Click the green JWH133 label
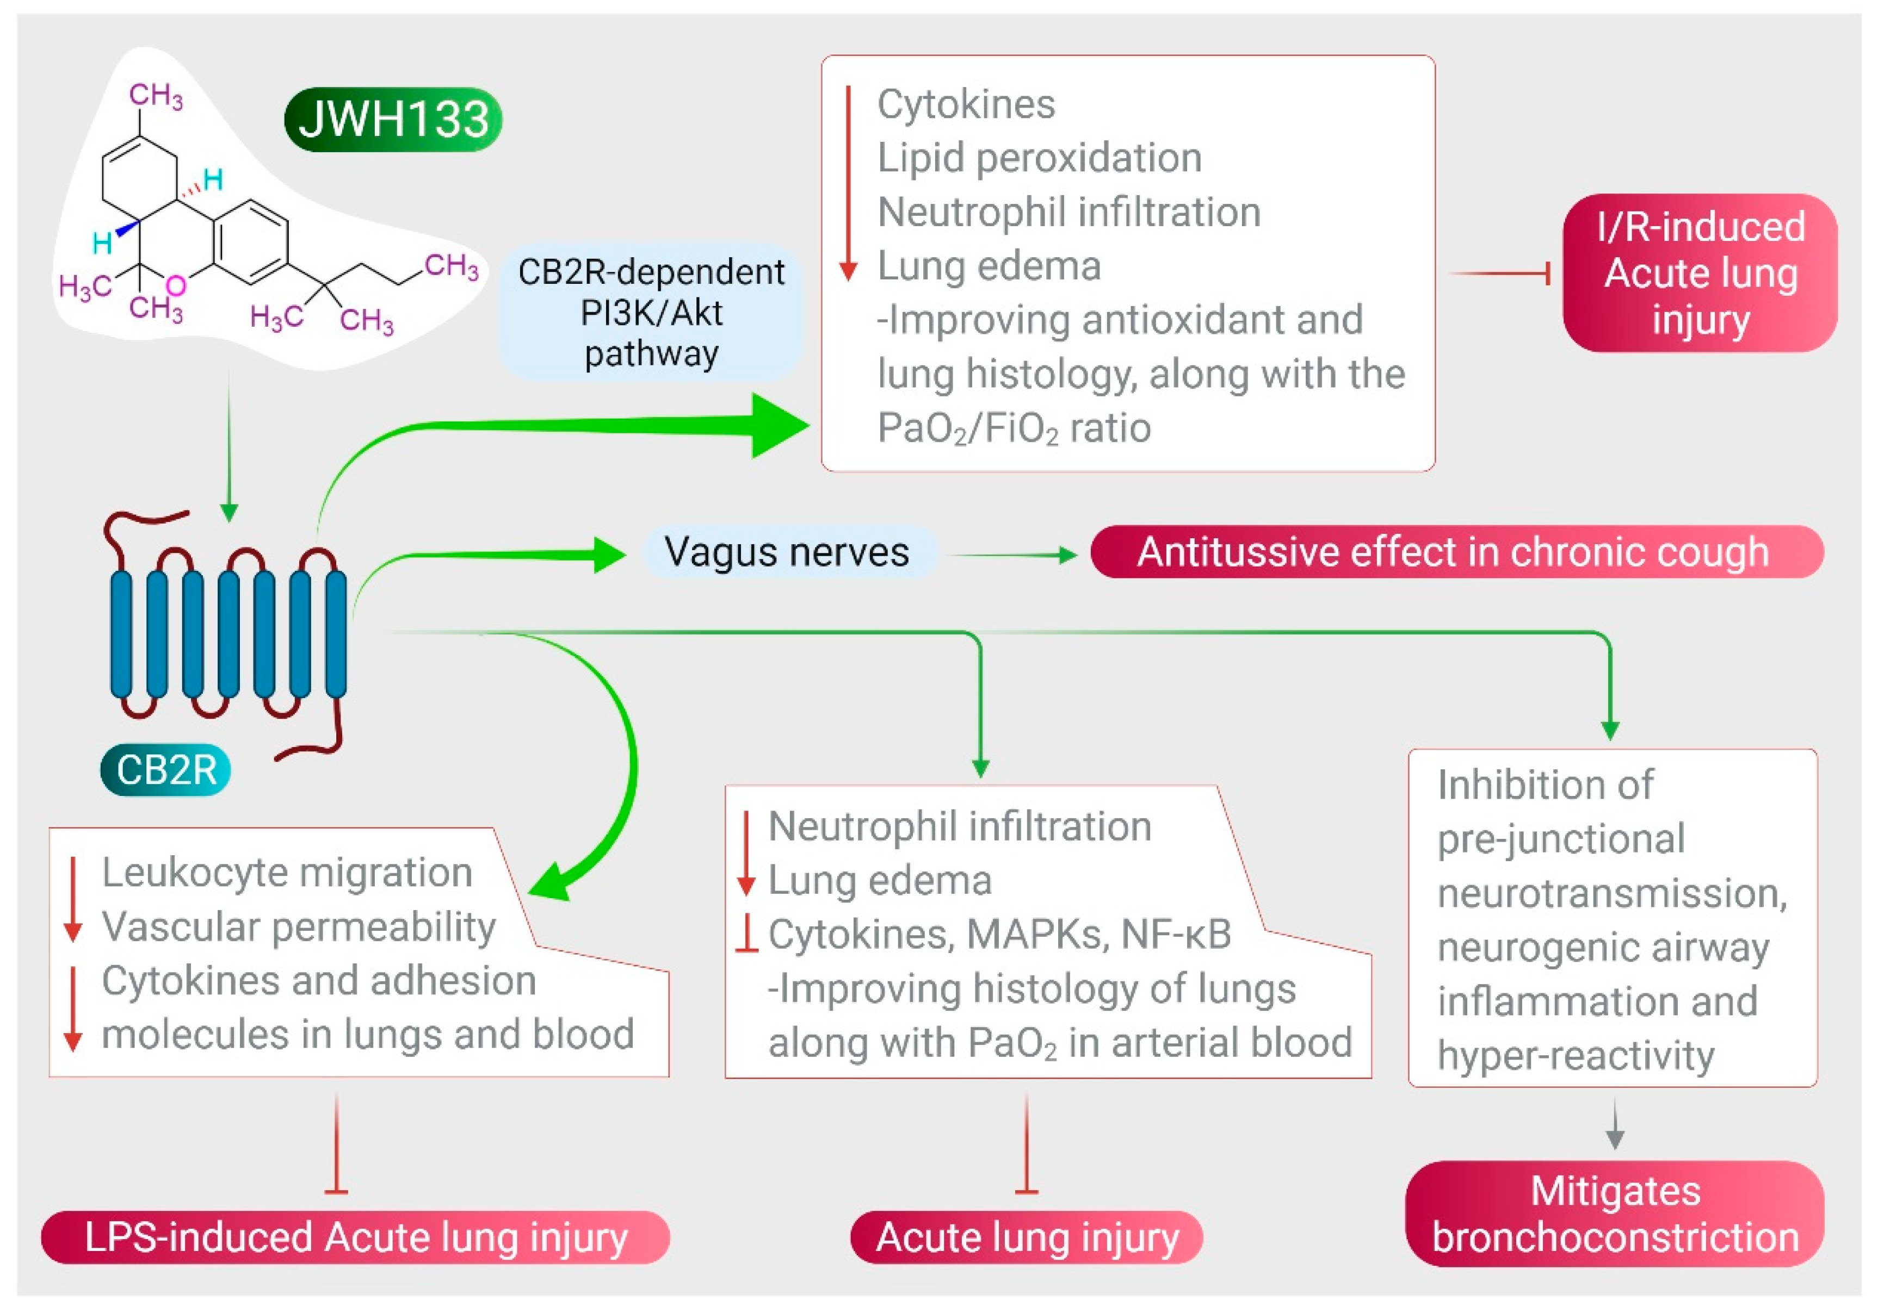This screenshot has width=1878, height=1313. (x=393, y=120)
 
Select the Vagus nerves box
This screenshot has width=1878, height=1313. (x=786, y=552)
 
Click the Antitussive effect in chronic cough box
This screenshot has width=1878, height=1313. (x=1456, y=552)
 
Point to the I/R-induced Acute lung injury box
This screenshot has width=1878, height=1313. (x=1700, y=273)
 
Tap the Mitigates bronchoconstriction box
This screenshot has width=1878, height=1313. (x=1615, y=1214)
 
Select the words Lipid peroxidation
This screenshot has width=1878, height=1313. (x=1039, y=158)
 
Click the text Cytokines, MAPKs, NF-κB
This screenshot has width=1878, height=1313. (x=999, y=935)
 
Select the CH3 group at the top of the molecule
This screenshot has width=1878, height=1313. (x=156, y=96)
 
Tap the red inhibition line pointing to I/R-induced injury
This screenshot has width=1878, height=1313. (x=1501, y=273)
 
